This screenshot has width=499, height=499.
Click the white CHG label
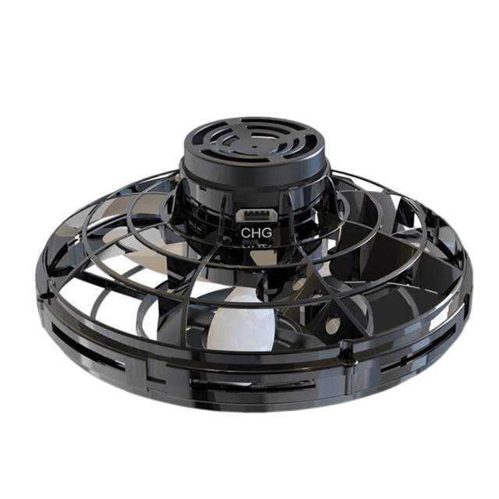coord(257,233)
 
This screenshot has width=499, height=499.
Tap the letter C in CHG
coord(246,233)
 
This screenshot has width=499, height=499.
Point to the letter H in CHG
coord(257,233)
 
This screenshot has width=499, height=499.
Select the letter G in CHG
coord(267,233)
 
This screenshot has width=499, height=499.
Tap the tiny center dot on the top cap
coord(255,147)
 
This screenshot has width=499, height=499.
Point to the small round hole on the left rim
coord(49,296)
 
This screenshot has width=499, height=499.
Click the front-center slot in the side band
coord(252,385)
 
